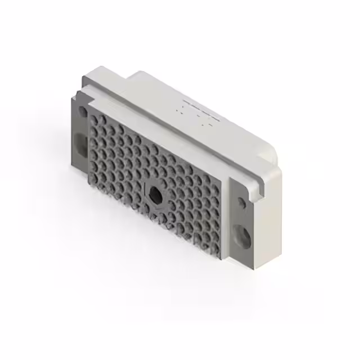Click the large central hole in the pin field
point(153,194)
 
